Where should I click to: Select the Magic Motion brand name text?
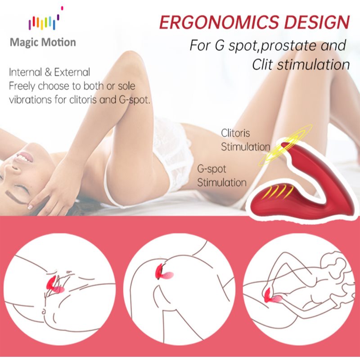click(x=43, y=42)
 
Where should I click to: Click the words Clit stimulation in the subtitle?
click(x=301, y=64)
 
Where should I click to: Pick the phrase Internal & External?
click(x=49, y=72)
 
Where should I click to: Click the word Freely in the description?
click(x=22, y=86)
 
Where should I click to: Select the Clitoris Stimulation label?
click(x=245, y=140)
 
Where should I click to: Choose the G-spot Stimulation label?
click(x=222, y=175)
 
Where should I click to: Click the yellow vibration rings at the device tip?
click(x=284, y=145)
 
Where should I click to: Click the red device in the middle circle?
click(x=164, y=272)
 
